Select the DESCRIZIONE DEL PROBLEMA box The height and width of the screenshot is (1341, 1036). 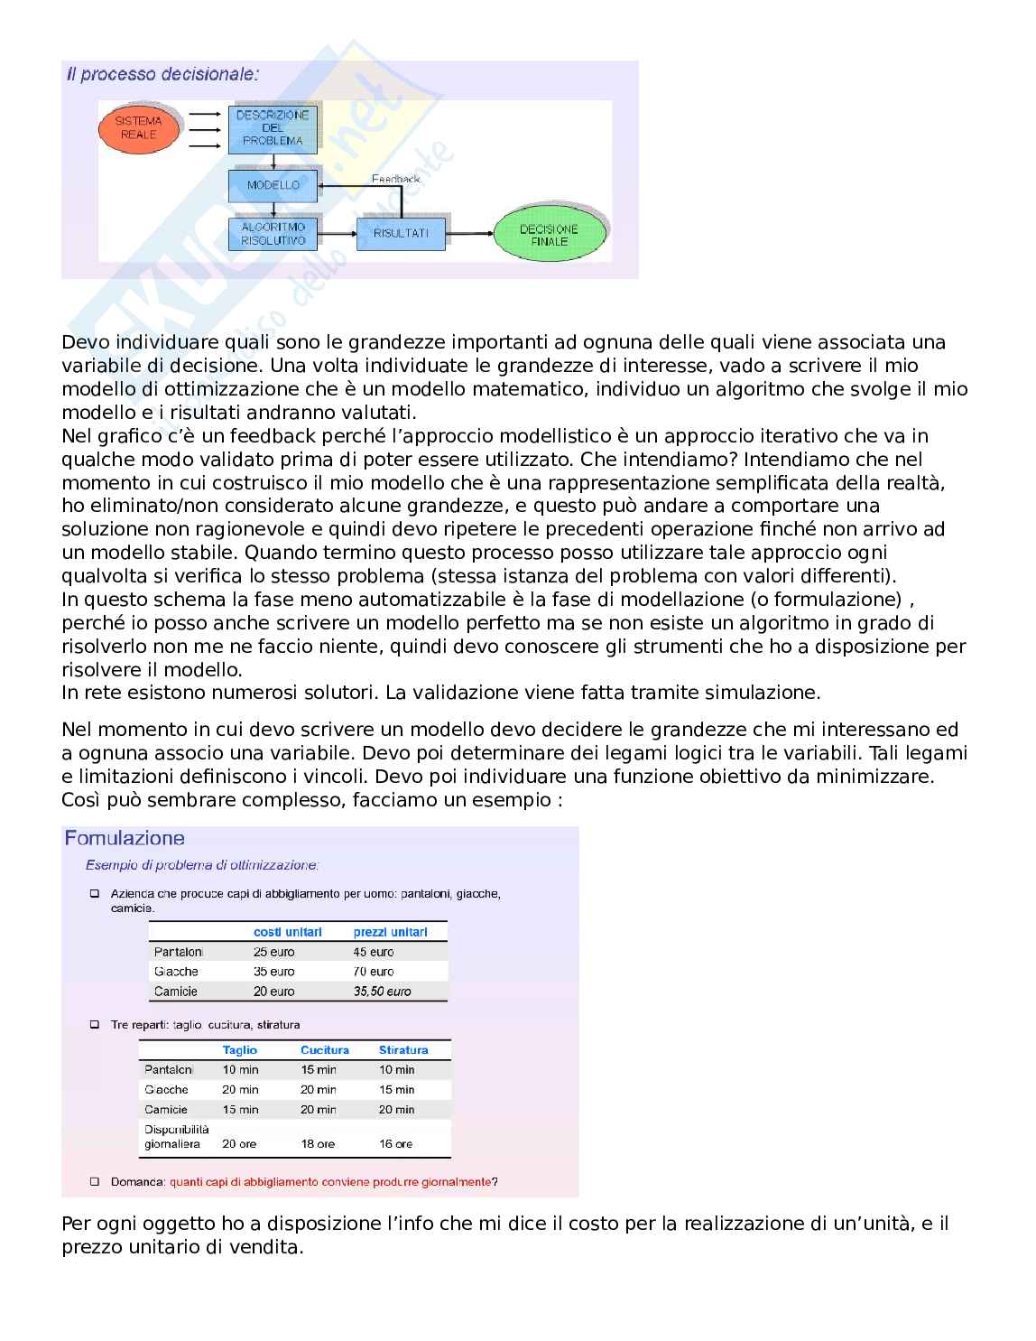pos(273,128)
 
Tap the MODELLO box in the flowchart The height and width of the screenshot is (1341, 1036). pos(273,185)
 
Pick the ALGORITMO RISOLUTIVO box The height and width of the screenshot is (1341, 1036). pos(273,234)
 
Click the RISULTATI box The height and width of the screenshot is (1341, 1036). pos(401,233)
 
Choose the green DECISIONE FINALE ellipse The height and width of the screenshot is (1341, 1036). pos(549,236)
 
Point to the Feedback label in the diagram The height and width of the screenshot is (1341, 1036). pos(395,179)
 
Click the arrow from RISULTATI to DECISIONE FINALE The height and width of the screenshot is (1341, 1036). pos(469,234)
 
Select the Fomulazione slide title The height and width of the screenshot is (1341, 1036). pos(125,839)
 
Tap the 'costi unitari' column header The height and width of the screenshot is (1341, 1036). pos(287,932)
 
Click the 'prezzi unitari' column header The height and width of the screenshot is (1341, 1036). pos(390,932)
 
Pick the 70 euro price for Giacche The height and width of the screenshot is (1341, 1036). pos(374,972)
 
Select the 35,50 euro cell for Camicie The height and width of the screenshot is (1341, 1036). pos(382,992)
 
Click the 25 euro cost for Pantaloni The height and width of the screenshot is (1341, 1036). pos(273,952)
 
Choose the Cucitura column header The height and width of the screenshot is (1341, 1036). pos(325,1050)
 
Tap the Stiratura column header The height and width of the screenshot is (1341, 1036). pos(403,1050)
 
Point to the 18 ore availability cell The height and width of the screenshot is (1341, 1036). pos(318,1144)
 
